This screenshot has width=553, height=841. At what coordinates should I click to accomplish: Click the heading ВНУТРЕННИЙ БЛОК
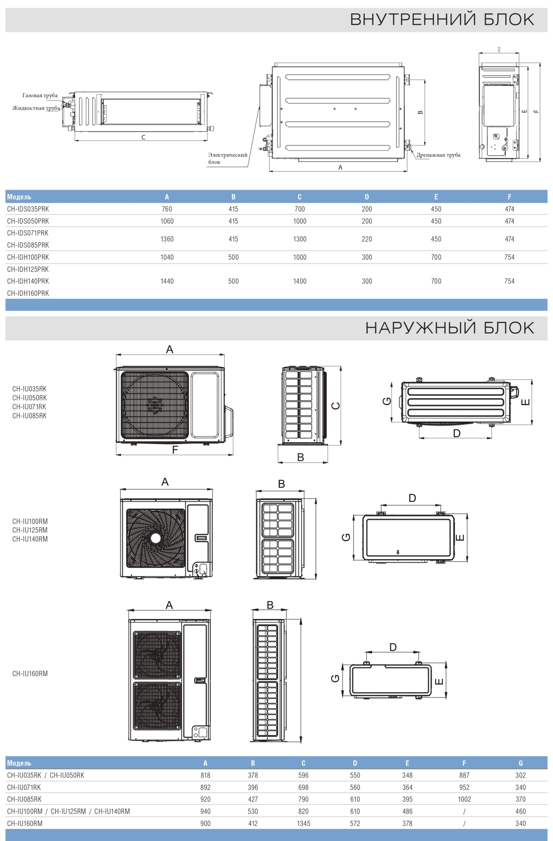coord(442,19)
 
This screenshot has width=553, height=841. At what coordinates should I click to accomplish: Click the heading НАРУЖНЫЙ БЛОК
coord(450,328)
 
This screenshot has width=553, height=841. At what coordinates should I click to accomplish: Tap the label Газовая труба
coord(40,95)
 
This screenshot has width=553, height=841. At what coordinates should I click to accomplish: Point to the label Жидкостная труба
coord(36,108)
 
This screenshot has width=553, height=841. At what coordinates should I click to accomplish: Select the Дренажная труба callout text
coord(438,155)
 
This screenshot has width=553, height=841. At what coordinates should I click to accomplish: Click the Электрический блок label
coord(227,158)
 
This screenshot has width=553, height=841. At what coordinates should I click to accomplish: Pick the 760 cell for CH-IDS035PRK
coord(167,209)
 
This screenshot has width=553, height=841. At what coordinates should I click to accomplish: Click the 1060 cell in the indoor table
coord(167,221)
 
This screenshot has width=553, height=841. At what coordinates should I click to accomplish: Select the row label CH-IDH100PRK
coord(28,257)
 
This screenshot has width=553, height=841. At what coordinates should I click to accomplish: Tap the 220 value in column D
coord(367,239)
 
